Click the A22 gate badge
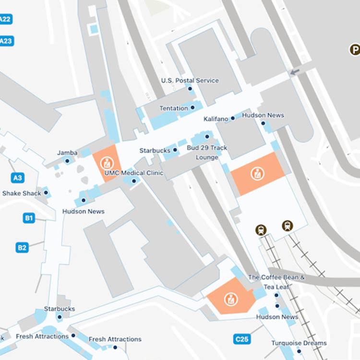5,19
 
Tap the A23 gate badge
5,41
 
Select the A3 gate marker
17,178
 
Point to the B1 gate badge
29,218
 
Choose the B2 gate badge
22,248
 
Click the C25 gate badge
242,339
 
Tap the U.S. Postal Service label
190,81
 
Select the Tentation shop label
174,108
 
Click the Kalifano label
216,119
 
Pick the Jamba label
67,153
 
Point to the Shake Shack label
22,193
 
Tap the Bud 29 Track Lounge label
207,153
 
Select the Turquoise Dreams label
299,343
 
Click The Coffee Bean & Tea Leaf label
276,282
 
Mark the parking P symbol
354,49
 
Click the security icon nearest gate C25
231,299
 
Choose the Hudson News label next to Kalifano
263,115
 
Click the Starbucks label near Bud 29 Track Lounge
155,151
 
